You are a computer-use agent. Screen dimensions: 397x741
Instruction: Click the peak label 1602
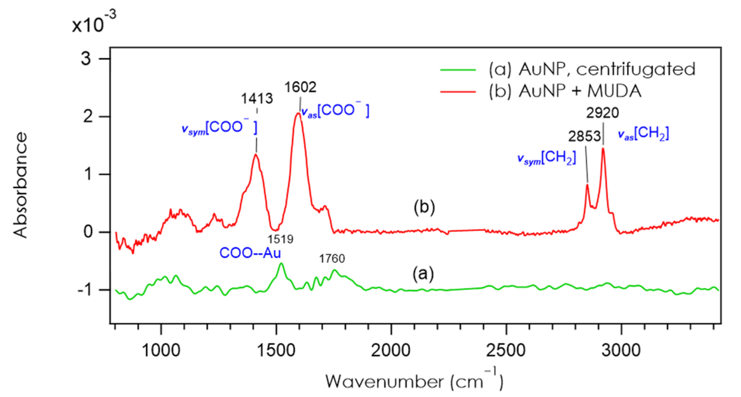coord(300,87)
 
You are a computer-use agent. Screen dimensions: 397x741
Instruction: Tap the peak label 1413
coord(257,99)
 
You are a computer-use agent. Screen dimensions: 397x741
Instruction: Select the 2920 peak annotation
coord(602,113)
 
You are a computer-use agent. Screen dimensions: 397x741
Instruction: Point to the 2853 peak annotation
coord(584,137)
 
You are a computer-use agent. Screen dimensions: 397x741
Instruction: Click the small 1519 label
coord(280,239)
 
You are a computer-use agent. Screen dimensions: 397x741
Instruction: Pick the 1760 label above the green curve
coord(332,259)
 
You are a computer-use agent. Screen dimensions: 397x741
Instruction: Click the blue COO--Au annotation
coord(250,253)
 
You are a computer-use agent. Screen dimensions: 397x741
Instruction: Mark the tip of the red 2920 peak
coord(603,148)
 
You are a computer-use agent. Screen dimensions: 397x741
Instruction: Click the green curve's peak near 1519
coord(281,263)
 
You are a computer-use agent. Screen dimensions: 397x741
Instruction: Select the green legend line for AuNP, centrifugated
coord(458,69)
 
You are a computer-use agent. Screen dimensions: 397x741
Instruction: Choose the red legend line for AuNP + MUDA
coord(458,92)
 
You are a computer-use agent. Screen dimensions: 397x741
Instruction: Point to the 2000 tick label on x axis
coord(390,351)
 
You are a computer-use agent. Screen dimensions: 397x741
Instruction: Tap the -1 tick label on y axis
coord(84,290)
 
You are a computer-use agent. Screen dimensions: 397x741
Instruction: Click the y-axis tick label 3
coord(86,59)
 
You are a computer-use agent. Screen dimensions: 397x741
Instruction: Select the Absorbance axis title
coord(20,185)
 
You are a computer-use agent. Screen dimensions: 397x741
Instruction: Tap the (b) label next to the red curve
coord(424,207)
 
